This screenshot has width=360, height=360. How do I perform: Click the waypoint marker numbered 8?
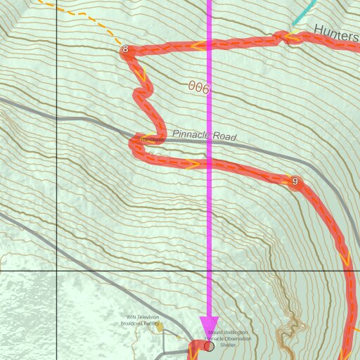click(125, 49)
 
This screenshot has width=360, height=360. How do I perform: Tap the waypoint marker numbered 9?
click(295, 182)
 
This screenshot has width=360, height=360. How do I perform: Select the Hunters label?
click(336, 30)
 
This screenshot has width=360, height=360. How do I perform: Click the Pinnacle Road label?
click(205, 136)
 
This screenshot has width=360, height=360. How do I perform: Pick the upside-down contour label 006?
click(199, 87)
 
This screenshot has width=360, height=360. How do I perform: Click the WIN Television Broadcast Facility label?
click(143, 320)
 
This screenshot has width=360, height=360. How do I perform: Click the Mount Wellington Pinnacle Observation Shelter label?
click(227, 338)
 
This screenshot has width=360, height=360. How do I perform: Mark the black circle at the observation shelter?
click(209, 346)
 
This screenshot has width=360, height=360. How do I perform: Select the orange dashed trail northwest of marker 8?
click(84, 21)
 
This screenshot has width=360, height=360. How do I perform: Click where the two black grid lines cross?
click(57, 271)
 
